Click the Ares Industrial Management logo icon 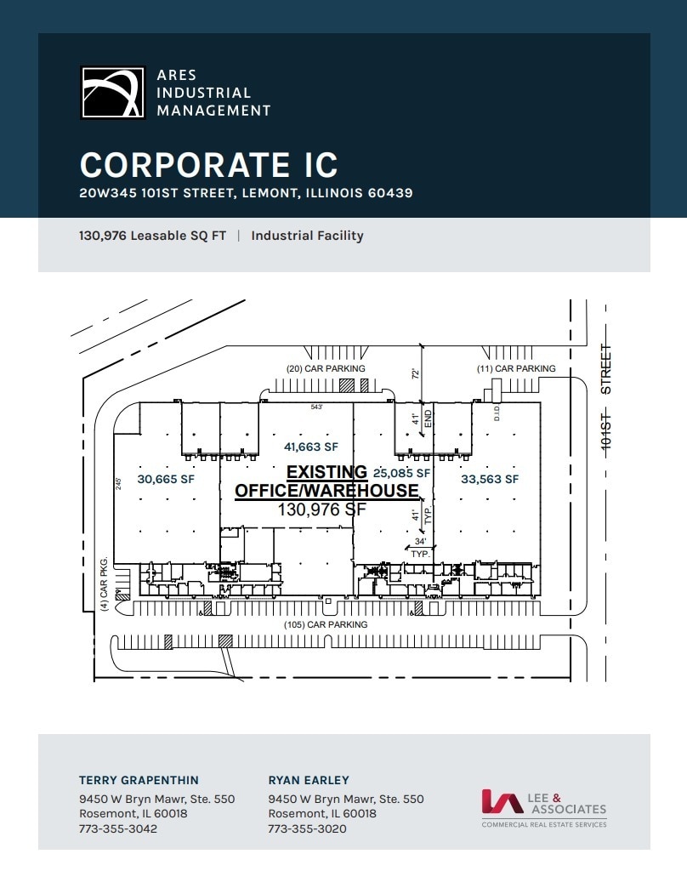113,92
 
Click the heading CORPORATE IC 208,165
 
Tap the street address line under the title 246,193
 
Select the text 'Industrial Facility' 307,236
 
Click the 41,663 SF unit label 310,446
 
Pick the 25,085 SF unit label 401,472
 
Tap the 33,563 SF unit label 489,479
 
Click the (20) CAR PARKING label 325,368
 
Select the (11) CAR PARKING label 516,368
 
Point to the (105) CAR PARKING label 326,624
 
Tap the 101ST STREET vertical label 606,400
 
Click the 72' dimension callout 416,373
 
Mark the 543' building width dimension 316,407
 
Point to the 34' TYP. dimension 419,547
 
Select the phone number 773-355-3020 307,828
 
